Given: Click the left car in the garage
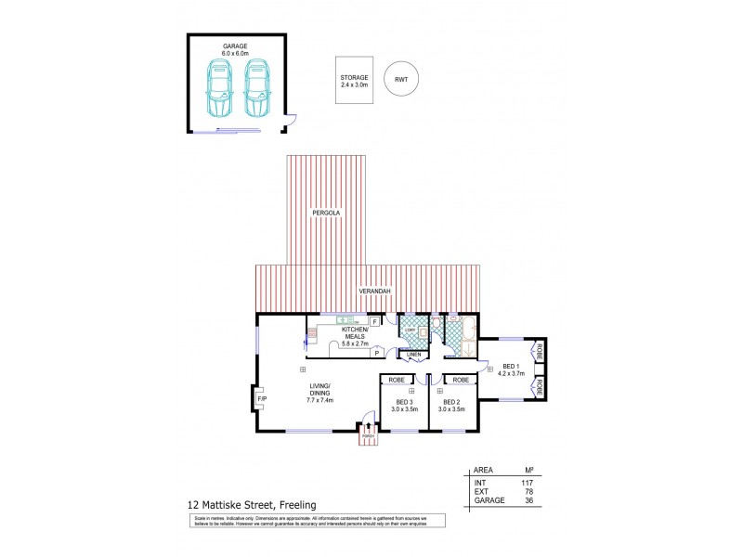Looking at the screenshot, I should pyautogui.click(x=221, y=89).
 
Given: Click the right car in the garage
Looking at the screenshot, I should pyautogui.click(x=257, y=89).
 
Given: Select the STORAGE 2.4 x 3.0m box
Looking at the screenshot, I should pyautogui.click(x=355, y=81).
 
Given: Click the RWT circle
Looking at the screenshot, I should pyautogui.click(x=400, y=81).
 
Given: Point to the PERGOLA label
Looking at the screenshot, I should pyautogui.click(x=327, y=214).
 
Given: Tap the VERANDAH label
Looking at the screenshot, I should pyautogui.click(x=377, y=291).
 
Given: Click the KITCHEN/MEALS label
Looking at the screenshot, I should pyautogui.click(x=355, y=336).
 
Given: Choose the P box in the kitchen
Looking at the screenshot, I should pyautogui.click(x=377, y=353).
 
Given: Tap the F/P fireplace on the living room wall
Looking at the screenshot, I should pyautogui.click(x=261, y=399).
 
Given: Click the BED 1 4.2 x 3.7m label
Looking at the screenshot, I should pyautogui.click(x=511, y=370).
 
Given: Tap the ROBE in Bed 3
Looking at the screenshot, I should pyautogui.click(x=396, y=380).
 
